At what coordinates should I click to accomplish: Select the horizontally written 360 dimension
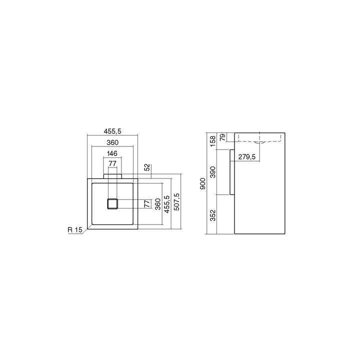pyautogui.click(x=112, y=142)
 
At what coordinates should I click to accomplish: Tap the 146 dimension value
pyautogui.click(x=112, y=154)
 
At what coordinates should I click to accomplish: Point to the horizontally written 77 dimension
pyautogui.click(x=112, y=163)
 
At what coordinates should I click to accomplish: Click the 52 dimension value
pyautogui.click(x=146, y=167)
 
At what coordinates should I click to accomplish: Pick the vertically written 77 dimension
pyautogui.click(x=146, y=203)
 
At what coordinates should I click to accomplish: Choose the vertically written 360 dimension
pyautogui.click(x=157, y=206)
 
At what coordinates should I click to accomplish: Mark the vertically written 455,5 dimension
pyautogui.click(x=166, y=204)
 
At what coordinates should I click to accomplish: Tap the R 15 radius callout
pyautogui.click(x=74, y=230)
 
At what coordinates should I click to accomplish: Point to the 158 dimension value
pyautogui.click(x=212, y=140)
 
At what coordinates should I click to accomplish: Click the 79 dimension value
pyautogui.click(x=222, y=137)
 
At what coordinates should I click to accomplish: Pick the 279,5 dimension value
pyautogui.click(x=247, y=157)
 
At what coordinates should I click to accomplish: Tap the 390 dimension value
pyautogui.click(x=212, y=172)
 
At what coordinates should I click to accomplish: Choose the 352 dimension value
pyautogui.click(x=212, y=215)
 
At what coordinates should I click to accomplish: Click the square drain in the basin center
pyautogui.click(x=112, y=203)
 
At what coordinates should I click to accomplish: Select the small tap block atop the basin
pyautogui.click(x=112, y=175)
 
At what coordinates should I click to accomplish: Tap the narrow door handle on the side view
pyautogui.click(x=231, y=172)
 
